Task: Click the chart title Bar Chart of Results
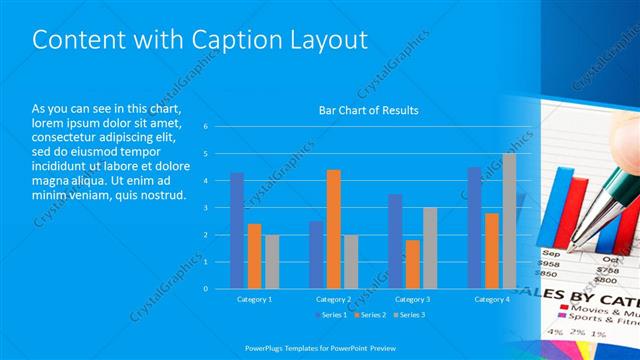pyautogui.click(x=368, y=110)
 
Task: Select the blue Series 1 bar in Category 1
pyautogui.click(x=237, y=230)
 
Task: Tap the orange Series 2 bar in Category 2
pyautogui.click(x=333, y=229)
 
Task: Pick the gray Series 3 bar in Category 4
pyautogui.click(x=509, y=220)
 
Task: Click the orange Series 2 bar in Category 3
pyautogui.click(x=412, y=264)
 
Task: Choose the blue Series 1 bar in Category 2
pyautogui.click(x=316, y=254)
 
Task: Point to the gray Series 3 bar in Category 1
pyautogui.click(x=272, y=261)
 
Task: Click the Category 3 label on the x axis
pyautogui.click(x=412, y=299)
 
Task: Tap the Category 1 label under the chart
pyautogui.click(x=254, y=299)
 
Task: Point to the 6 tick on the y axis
pyautogui.click(x=204, y=127)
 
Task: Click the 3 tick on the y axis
pyautogui.click(x=204, y=208)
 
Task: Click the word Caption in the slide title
pyautogui.click(x=213, y=39)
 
